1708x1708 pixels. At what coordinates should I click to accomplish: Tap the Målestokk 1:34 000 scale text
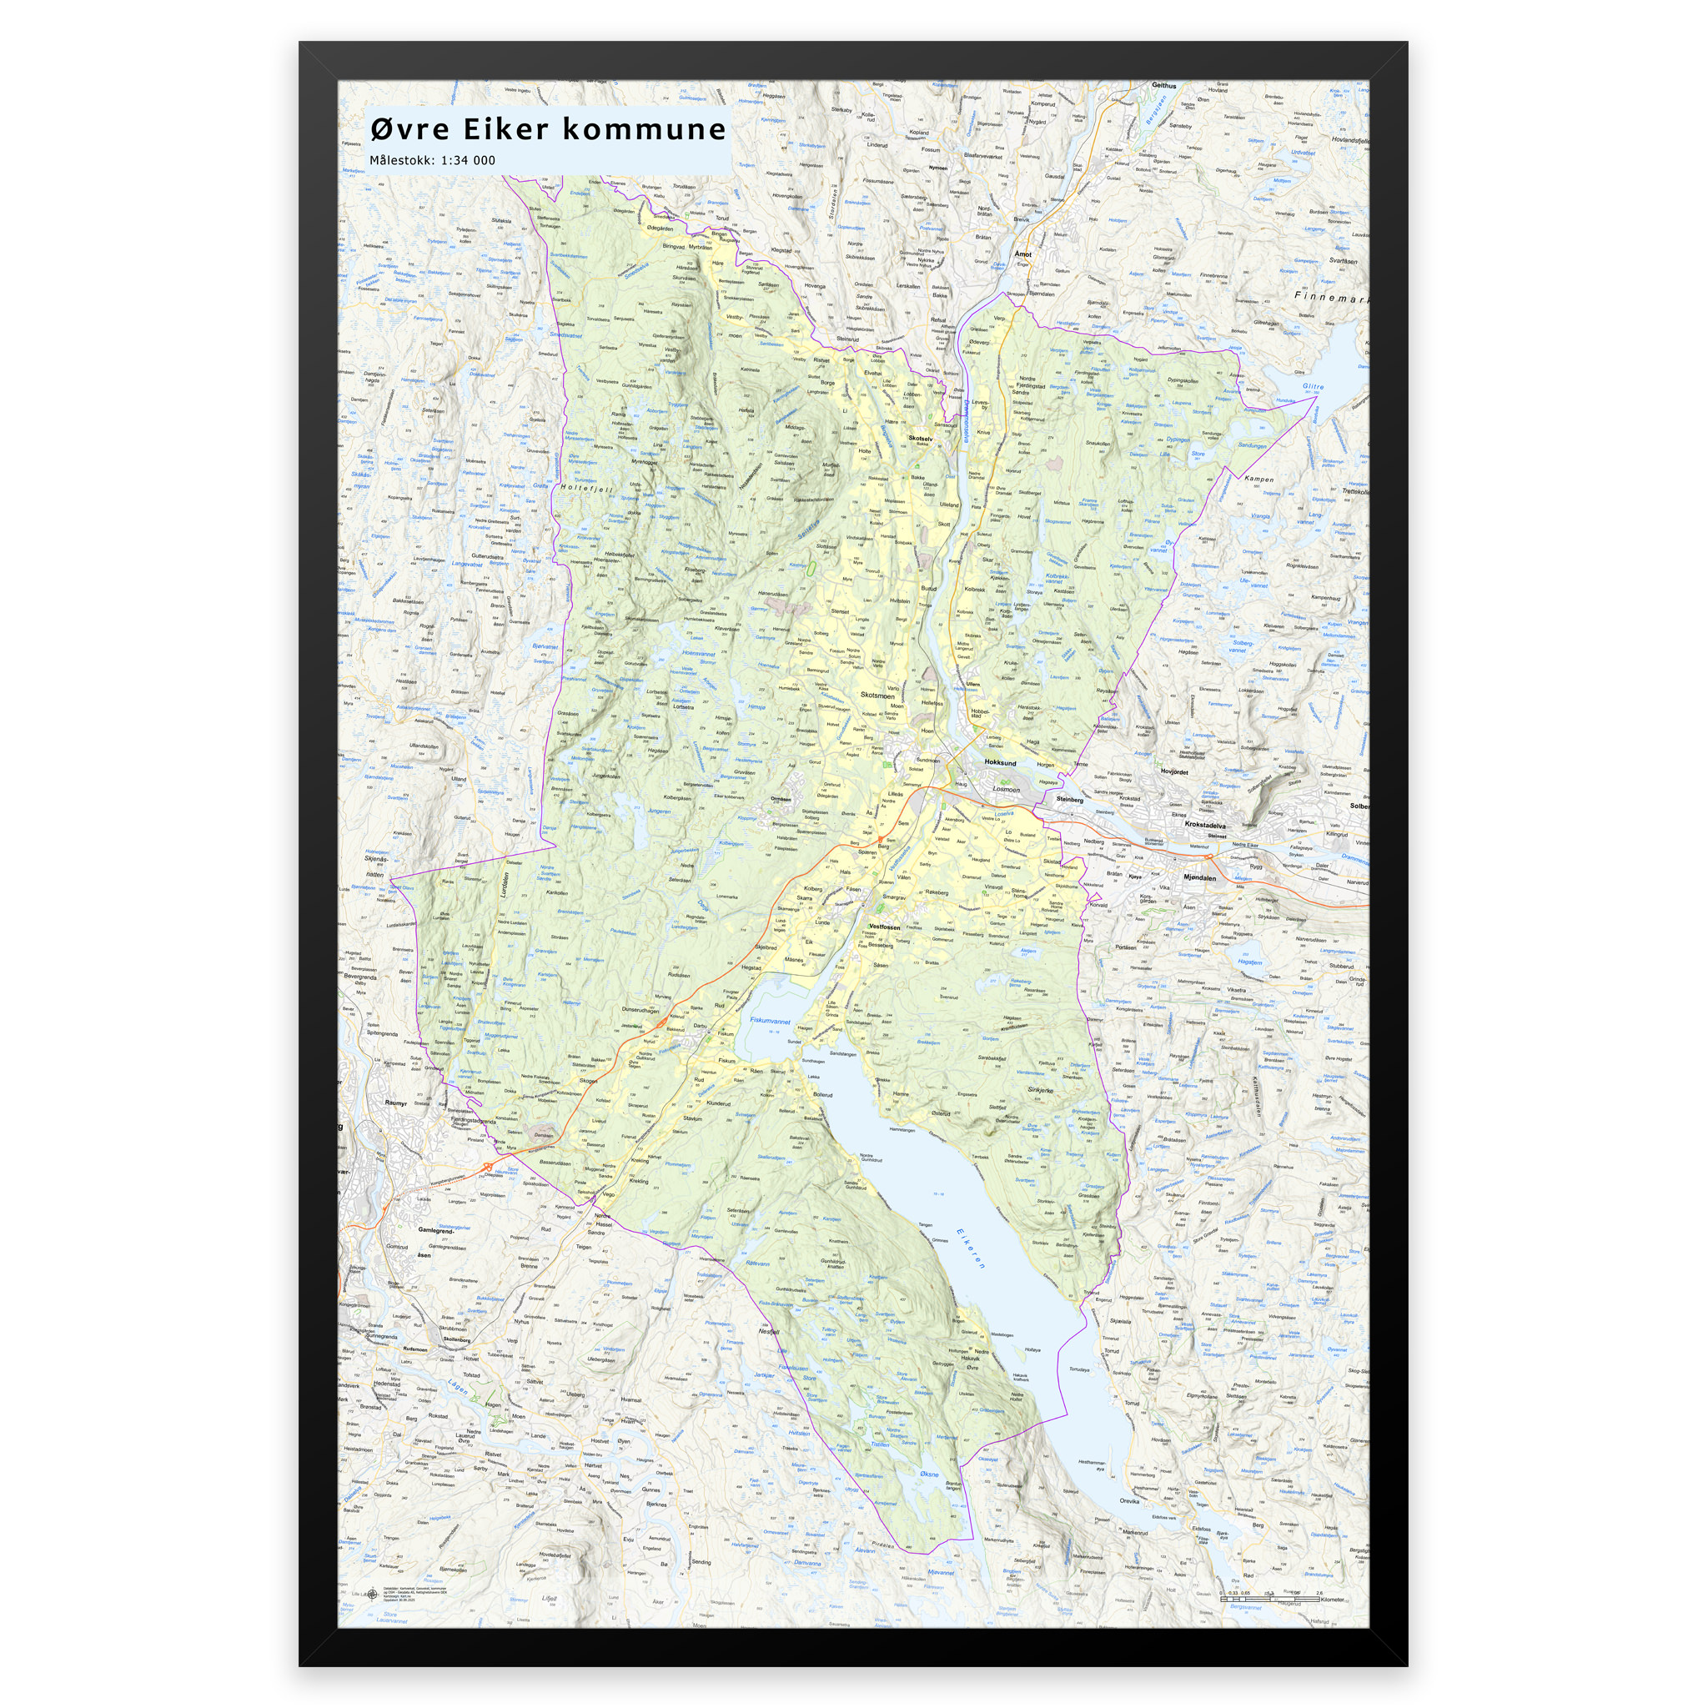click(x=432, y=161)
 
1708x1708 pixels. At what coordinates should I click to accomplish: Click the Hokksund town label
click(x=1000, y=762)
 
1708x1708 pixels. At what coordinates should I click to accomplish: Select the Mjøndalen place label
click(x=1199, y=878)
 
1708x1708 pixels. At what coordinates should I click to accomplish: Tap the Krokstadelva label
click(x=1205, y=825)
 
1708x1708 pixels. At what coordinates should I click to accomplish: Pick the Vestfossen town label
click(x=884, y=927)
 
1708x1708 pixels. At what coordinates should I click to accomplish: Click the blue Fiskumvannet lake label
click(x=770, y=1020)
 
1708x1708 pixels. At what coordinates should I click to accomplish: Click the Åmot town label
click(x=1022, y=254)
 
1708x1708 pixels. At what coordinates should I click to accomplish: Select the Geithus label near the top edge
click(x=1163, y=86)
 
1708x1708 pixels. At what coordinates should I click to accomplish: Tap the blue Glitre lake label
click(x=1313, y=387)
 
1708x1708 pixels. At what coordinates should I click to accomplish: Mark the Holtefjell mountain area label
click(x=586, y=487)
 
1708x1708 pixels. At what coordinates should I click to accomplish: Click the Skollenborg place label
click(x=457, y=1340)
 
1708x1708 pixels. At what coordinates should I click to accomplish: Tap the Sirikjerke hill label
click(x=1041, y=1090)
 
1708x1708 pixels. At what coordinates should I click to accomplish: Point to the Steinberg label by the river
click(x=1069, y=799)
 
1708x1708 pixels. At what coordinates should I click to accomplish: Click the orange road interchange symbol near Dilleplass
click(x=486, y=1168)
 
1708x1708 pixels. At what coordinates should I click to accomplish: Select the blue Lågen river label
click(x=457, y=1386)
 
